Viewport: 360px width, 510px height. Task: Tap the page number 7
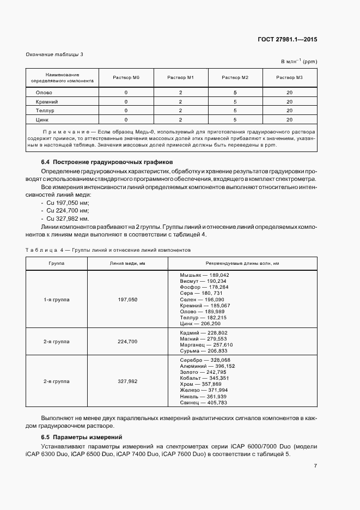coord(315,465)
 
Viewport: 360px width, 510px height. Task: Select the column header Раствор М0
coord(126,77)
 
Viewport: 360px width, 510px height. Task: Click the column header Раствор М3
coord(289,77)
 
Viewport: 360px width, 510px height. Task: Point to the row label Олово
coord(44,93)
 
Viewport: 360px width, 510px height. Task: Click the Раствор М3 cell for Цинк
coord(289,119)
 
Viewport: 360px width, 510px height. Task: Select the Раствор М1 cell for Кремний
coord(180,101)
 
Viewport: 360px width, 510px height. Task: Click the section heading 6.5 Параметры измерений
coord(82,437)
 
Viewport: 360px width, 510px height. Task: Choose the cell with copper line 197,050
coord(127,300)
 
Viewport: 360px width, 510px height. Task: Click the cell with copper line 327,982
coord(127,381)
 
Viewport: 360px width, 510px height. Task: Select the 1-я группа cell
coord(56,300)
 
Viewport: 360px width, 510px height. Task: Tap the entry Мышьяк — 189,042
coord(204,275)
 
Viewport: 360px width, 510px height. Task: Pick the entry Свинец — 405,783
coord(203,403)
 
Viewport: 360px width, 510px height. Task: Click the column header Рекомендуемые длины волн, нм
coord(242,263)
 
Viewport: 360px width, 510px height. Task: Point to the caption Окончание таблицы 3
coord(54,54)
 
